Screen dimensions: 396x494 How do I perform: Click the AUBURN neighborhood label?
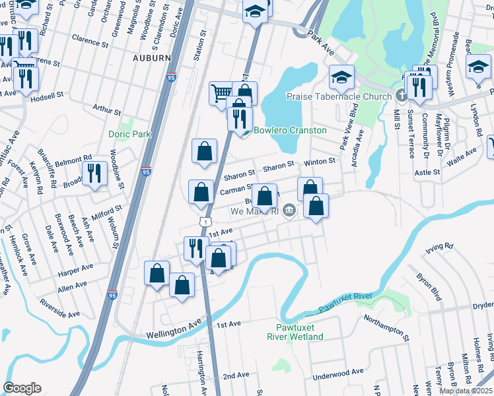[x=152, y=58]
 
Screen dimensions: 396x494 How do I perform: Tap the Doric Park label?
[x=130, y=134]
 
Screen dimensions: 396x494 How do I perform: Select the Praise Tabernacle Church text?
[x=339, y=97]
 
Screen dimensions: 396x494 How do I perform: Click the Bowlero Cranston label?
[x=290, y=130]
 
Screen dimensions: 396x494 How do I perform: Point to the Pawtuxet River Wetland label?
[x=295, y=332]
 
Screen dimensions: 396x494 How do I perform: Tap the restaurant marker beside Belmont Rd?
[x=95, y=174]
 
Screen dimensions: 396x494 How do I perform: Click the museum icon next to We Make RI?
[x=289, y=211]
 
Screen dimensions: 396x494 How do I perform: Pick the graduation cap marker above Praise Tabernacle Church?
[x=341, y=78]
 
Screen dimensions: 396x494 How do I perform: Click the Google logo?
[x=22, y=388]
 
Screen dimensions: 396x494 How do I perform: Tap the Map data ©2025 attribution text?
[x=466, y=391]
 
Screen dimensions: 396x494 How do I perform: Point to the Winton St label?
[x=320, y=161]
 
